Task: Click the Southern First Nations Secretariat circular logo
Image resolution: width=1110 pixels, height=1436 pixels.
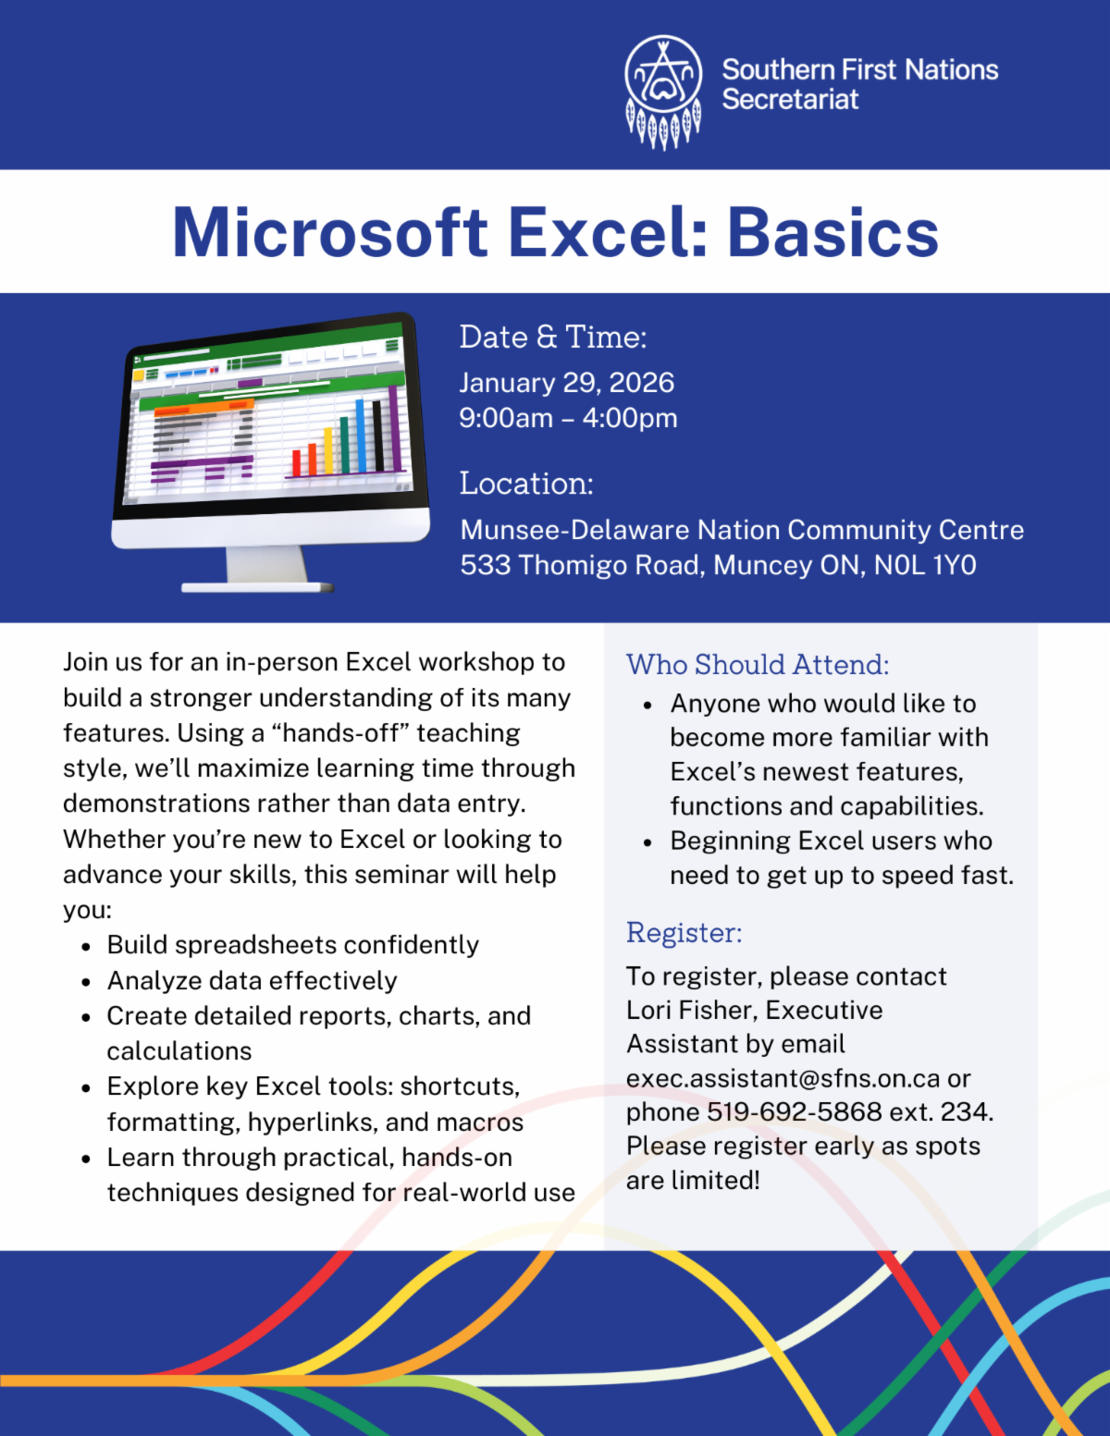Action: (663, 92)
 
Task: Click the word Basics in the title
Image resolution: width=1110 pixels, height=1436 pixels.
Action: (832, 233)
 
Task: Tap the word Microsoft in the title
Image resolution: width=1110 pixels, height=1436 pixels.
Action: (330, 233)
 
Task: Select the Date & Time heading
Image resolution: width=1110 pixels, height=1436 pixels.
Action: (552, 337)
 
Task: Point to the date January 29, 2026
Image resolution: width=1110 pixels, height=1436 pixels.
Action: (567, 384)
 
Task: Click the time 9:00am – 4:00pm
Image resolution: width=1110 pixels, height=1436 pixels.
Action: (569, 418)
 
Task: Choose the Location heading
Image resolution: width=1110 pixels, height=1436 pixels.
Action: (526, 484)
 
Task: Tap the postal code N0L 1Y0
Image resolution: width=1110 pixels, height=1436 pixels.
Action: (925, 566)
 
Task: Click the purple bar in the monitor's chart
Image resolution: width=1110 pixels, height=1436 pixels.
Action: (394, 427)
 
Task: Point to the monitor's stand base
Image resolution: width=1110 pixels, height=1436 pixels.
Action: (258, 587)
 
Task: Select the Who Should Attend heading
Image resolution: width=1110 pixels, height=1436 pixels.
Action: (758, 665)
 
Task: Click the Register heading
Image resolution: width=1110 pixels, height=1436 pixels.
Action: (684, 933)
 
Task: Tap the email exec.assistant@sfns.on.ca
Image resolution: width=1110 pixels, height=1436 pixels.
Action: (783, 1078)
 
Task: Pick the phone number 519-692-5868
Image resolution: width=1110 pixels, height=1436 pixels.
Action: (794, 1112)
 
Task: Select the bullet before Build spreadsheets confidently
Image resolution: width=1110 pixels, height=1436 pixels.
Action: (86, 947)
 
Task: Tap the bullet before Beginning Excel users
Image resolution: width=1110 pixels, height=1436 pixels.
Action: (647, 842)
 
